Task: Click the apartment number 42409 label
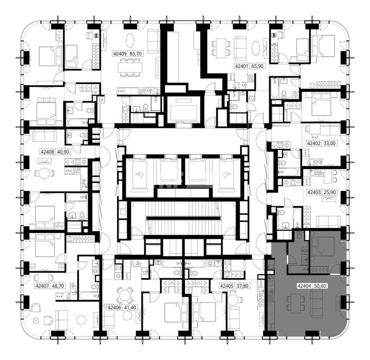click(120, 54)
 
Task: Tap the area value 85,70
click(136, 54)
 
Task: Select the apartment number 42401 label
click(241, 66)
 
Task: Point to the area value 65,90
click(258, 66)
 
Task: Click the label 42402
click(314, 143)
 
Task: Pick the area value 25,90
click(330, 192)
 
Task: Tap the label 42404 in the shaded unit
click(304, 286)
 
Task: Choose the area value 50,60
click(320, 286)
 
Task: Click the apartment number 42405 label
click(227, 286)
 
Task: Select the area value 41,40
click(130, 308)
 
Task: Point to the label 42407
click(42, 286)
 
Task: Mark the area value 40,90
click(63, 152)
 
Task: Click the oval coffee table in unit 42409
click(130, 41)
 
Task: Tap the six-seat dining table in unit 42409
click(130, 67)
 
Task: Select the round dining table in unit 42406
click(124, 296)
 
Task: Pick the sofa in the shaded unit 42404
click(317, 304)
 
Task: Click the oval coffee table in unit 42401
click(256, 48)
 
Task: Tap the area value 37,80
click(242, 286)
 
